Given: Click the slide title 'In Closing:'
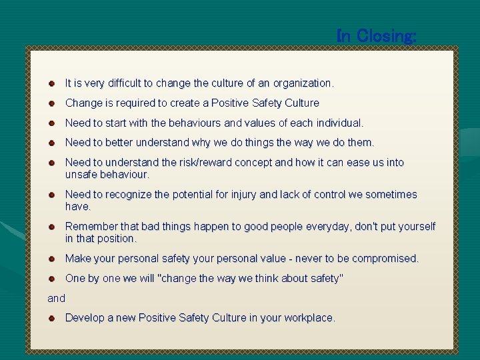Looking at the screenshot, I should click(377, 36).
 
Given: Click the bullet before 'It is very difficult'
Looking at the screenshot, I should click(51, 83).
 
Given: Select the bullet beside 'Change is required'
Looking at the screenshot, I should click(51, 103).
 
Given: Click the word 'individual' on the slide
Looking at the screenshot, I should click(337, 123).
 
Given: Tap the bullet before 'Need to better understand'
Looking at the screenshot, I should click(51, 143).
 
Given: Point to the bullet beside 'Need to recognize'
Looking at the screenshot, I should click(51, 195).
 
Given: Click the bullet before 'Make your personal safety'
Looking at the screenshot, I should click(51, 258).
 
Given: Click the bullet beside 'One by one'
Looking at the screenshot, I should click(51, 279).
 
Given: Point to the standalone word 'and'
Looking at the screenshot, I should click(57, 299).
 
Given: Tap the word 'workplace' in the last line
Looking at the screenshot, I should click(308, 318).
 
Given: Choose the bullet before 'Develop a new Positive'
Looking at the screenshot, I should click(51, 318).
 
